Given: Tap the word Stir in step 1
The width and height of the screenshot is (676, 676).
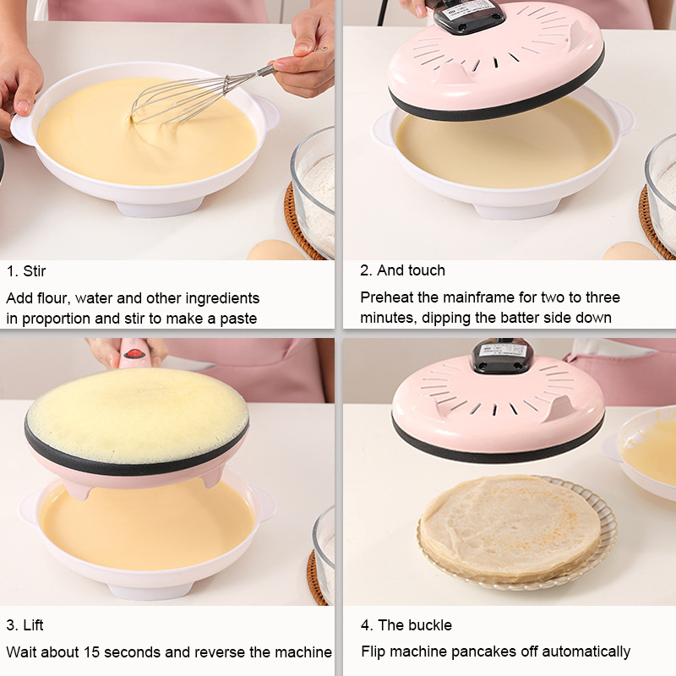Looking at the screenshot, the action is tap(34, 271).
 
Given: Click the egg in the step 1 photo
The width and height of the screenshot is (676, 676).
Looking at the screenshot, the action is tap(275, 250).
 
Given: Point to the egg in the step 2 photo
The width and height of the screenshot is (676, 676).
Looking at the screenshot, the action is tap(630, 251).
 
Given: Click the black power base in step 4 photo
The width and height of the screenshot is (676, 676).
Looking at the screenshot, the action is tap(501, 356).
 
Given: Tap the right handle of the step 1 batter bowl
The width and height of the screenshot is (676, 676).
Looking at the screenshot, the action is tap(265, 113).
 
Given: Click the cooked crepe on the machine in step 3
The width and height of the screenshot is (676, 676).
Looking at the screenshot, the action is tap(137, 415).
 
